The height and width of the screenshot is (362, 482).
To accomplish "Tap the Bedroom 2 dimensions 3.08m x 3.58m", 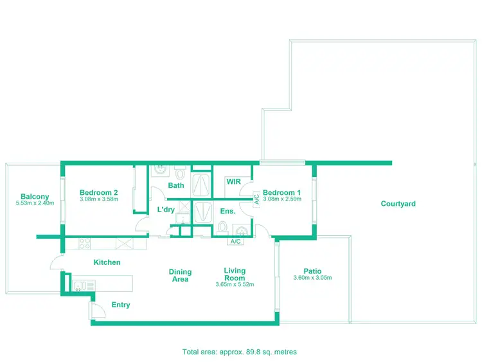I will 98,199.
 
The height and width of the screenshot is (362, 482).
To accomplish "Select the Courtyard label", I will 398,204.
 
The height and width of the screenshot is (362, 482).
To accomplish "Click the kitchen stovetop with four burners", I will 84,243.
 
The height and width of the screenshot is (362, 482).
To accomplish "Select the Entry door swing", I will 97,312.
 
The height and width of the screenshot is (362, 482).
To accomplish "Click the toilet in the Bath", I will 180,173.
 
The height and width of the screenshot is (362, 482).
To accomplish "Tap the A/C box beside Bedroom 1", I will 256,199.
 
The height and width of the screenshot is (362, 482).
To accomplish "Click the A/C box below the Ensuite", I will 235,242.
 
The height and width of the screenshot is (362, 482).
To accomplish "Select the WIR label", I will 233,182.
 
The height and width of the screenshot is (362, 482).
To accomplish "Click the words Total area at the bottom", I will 199,352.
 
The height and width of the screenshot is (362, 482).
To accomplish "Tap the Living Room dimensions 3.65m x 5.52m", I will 235,285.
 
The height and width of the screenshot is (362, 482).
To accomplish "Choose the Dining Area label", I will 181,276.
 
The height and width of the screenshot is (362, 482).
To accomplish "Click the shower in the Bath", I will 202,183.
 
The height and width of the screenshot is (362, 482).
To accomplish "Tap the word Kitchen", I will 107,262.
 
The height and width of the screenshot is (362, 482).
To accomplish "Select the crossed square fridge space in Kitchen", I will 124,243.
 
